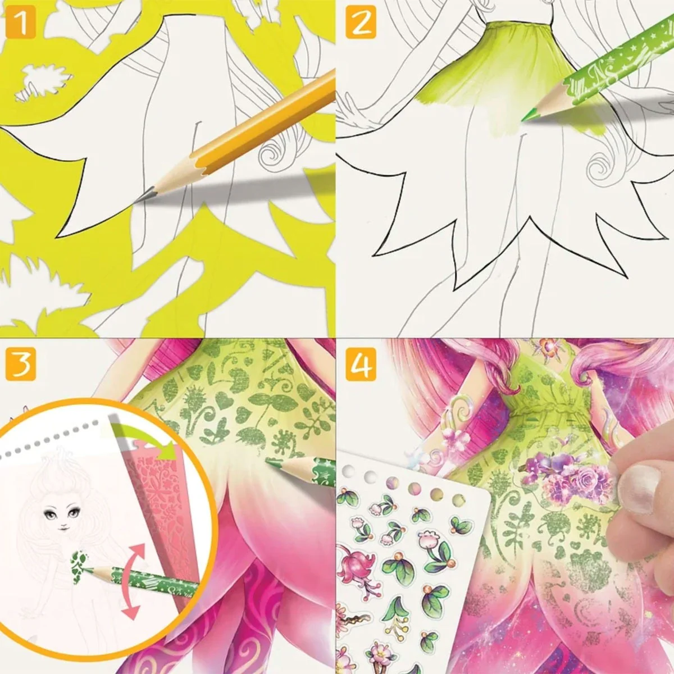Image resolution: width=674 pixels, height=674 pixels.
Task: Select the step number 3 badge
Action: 21,364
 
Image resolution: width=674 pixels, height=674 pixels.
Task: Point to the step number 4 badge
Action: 361,364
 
